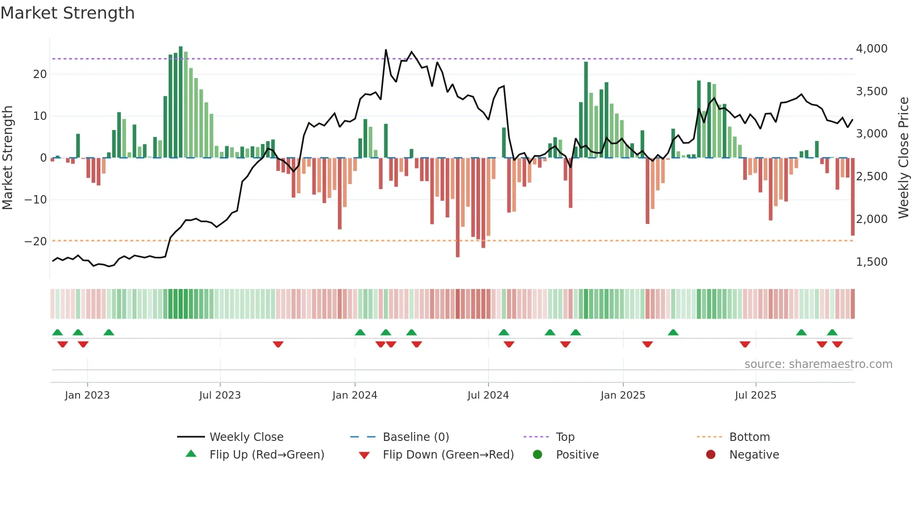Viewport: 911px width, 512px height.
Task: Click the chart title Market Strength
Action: (67, 13)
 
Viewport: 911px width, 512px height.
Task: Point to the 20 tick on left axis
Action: (40, 74)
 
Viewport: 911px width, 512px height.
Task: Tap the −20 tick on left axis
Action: (36, 242)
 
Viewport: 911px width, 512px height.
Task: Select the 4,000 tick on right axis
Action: (871, 49)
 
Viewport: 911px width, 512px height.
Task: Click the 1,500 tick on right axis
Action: (871, 262)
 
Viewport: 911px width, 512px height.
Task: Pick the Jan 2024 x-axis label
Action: (355, 395)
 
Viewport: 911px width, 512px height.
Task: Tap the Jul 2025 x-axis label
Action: (755, 395)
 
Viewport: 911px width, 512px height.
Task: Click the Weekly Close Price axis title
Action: (903, 158)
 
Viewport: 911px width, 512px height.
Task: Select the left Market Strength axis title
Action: (7, 158)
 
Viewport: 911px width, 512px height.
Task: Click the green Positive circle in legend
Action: (537, 455)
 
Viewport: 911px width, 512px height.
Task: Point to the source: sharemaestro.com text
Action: (818, 364)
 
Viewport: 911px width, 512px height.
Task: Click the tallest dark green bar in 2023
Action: (181, 102)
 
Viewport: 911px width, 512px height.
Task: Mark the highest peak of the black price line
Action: (386, 50)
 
